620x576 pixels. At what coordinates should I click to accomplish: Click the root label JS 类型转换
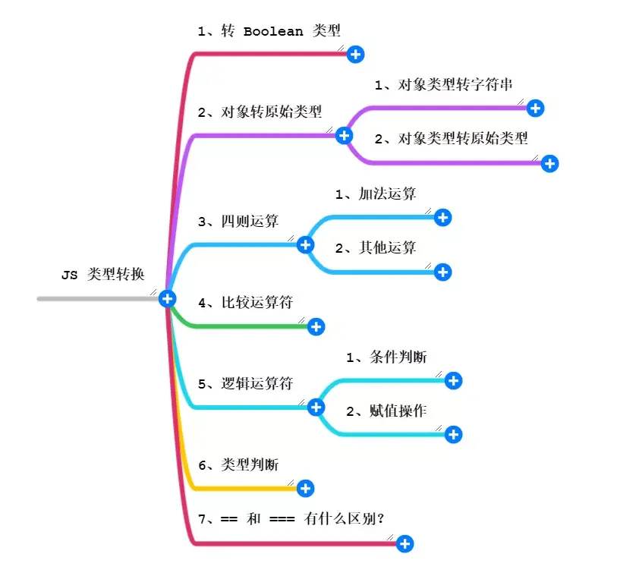point(102,275)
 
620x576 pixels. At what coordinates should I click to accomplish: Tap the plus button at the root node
point(168,299)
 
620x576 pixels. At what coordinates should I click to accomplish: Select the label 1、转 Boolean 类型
point(269,31)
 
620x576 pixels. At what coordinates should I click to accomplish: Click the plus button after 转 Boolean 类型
point(356,54)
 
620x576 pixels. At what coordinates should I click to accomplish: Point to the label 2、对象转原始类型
point(260,112)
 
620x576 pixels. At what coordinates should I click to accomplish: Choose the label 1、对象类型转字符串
point(444,85)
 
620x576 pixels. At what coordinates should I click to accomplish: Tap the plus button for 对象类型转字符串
point(535,109)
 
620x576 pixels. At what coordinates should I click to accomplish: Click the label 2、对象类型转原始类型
point(451,138)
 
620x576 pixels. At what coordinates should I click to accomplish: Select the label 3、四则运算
point(238,222)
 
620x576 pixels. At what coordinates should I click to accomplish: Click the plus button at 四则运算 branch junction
point(306,244)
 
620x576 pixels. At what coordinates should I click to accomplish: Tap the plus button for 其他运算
point(443,272)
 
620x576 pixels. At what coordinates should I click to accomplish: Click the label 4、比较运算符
point(245,303)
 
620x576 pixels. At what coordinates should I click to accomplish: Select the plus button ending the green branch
point(316,326)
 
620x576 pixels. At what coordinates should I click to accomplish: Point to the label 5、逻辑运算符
point(245,384)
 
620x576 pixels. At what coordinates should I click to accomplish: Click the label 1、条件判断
point(386,357)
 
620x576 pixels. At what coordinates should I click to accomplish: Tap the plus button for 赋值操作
point(453,435)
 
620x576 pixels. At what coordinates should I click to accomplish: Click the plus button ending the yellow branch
point(306,488)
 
